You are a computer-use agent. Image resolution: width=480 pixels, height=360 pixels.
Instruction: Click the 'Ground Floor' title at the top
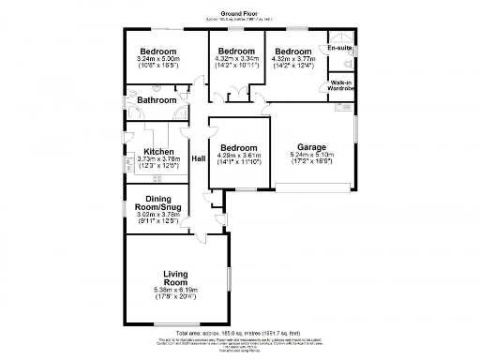240,14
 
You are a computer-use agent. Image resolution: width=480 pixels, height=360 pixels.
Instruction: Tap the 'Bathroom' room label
157,99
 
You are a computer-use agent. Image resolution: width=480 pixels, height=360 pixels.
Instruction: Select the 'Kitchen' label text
157,151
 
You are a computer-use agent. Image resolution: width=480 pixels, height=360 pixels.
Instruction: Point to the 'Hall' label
198,158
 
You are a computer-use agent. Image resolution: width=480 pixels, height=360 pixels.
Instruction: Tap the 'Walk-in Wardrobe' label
341,86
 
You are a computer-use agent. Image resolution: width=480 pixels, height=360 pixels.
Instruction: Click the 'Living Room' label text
176,277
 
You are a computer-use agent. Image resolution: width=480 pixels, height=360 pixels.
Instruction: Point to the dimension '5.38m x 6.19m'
176,292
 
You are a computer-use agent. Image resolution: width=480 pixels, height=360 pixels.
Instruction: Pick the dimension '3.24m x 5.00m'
157,60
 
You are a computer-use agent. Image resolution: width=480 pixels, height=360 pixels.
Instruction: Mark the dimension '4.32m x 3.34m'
234,60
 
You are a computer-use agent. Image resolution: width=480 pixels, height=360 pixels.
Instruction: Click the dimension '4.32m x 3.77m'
292,60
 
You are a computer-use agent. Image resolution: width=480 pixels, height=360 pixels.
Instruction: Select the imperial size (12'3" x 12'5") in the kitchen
157,166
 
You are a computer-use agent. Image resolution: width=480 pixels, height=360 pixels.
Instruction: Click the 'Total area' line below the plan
240,332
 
